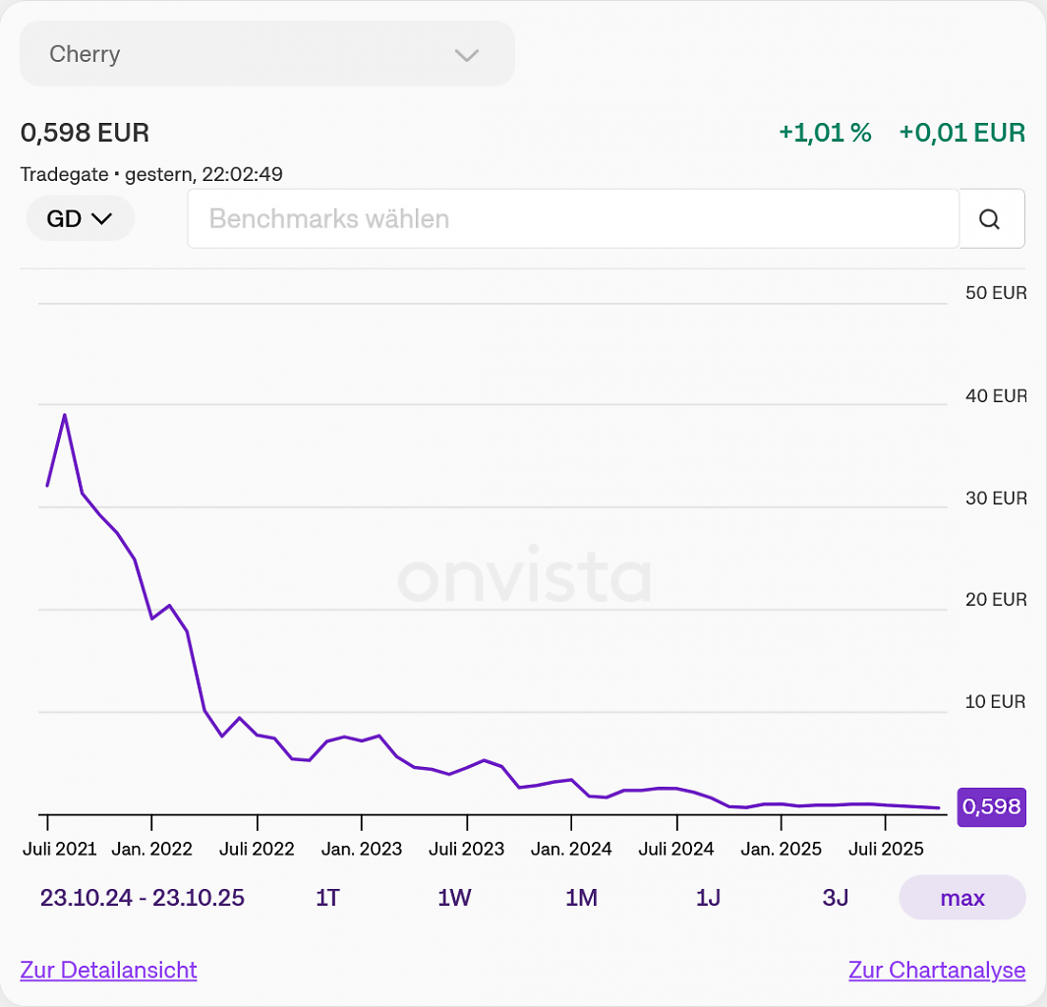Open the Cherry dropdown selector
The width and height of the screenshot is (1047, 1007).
(x=267, y=53)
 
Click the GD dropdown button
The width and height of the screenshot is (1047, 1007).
(x=81, y=218)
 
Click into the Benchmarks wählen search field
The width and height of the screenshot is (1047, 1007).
(x=573, y=218)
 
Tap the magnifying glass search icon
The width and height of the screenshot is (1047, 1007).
(x=990, y=219)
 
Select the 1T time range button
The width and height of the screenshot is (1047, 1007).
(x=327, y=898)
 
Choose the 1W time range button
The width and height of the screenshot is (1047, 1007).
(x=454, y=898)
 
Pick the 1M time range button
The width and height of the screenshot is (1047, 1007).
(x=581, y=898)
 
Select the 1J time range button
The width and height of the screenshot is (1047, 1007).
(x=708, y=898)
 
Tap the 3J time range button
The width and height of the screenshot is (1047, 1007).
(x=835, y=898)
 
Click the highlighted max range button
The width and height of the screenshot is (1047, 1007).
(x=962, y=898)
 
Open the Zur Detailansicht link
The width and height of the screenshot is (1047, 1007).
(x=108, y=970)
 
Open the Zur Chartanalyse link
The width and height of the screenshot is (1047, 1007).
(x=937, y=970)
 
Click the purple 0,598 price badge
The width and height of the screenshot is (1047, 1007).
(x=992, y=806)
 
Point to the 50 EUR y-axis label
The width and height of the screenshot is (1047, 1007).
(x=996, y=292)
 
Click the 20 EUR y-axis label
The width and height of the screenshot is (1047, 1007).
(x=996, y=599)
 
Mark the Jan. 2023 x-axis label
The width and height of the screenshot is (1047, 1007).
(x=361, y=849)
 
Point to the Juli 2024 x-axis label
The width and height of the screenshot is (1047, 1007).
(x=675, y=849)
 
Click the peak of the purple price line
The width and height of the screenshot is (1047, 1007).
(x=65, y=415)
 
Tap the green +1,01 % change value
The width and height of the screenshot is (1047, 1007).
(x=826, y=132)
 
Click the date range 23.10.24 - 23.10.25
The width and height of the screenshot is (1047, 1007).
(x=143, y=898)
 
